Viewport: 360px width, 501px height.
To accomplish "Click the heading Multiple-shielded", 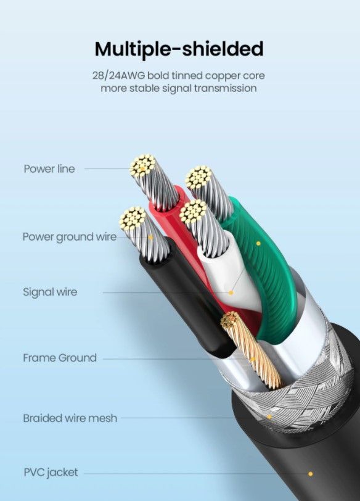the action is [x=179, y=49].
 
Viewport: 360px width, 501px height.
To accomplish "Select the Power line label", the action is [x=49, y=168].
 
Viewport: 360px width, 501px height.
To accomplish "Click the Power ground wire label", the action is [x=70, y=237].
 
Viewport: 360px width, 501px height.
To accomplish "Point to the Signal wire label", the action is [x=50, y=292].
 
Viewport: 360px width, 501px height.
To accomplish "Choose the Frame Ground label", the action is [x=60, y=357].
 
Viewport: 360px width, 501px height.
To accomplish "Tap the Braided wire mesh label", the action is [x=70, y=418].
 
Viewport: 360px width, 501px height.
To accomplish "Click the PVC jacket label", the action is [x=51, y=472].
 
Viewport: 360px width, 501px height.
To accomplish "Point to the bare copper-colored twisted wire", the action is [x=252, y=352].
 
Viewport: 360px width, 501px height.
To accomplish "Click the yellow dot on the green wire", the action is [x=258, y=244].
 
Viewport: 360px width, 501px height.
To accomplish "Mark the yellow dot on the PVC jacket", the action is [x=311, y=474].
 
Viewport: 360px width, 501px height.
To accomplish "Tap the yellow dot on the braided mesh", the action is [x=269, y=417].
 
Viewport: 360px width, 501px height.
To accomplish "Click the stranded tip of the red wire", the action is [x=142, y=166].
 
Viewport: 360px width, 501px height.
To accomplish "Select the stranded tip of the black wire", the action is [x=133, y=219].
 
